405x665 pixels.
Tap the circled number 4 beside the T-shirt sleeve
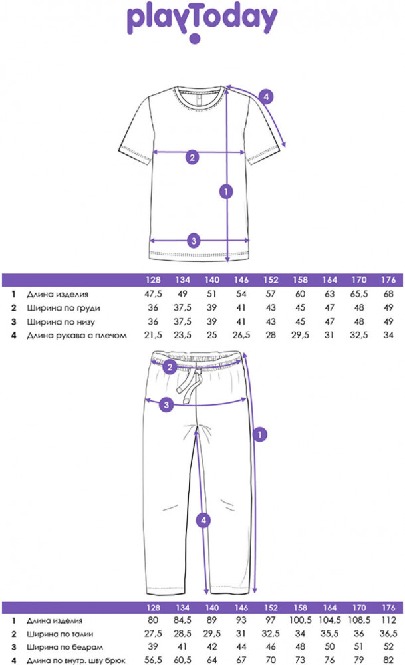pos(265,96)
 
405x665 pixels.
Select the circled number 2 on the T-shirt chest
pos(192,158)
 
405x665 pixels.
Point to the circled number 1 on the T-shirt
pos(226,192)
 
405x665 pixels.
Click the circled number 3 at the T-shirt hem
pos(194,241)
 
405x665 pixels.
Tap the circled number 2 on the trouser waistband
pos(170,367)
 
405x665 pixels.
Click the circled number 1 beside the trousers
pos(260,434)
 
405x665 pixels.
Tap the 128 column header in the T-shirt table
pos(154,280)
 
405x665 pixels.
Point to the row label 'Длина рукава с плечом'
pos(76,336)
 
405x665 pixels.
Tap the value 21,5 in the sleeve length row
pos(154,336)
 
